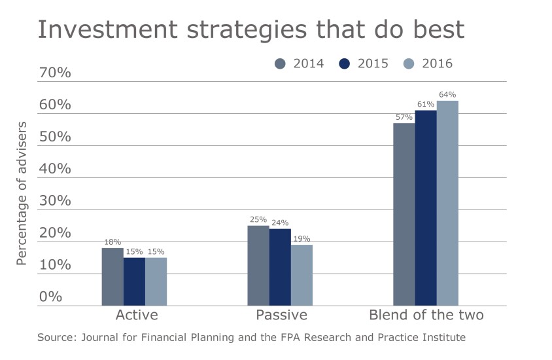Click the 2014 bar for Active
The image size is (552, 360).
pos(112,276)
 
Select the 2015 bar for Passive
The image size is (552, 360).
pos(280,266)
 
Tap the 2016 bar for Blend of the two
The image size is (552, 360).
pos(447,203)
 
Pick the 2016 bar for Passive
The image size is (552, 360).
pos(302,275)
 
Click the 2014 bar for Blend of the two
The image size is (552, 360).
pos(404,214)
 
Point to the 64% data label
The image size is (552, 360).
pos(447,95)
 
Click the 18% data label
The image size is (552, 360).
pos(112,242)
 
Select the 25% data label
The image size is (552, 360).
pos(258,220)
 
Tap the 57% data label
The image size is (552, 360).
pos(404,117)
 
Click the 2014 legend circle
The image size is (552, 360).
pos(281,63)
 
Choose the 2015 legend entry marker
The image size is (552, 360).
pos(345,63)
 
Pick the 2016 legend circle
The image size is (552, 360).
pos(409,63)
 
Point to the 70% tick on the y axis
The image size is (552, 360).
pos(55,73)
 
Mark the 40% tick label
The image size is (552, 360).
pos(55,169)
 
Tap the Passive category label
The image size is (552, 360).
pos(282,315)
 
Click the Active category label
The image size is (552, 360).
pos(136,315)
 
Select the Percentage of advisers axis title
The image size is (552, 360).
pos(22,193)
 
